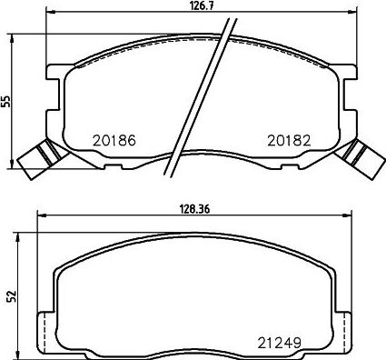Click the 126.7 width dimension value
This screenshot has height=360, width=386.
[201, 5]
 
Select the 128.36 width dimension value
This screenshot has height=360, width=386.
[194, 209]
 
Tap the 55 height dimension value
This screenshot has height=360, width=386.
[6, 102]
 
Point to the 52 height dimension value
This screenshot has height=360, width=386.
[11, 296]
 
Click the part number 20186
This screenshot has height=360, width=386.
[114, 140]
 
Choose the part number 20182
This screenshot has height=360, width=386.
[289, 140]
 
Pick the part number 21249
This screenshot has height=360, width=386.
[279, 343]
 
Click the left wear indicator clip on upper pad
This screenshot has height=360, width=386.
[43, 159]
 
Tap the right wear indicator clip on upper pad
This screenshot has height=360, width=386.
[361, 159]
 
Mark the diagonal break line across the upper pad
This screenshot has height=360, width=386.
[201, 97]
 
